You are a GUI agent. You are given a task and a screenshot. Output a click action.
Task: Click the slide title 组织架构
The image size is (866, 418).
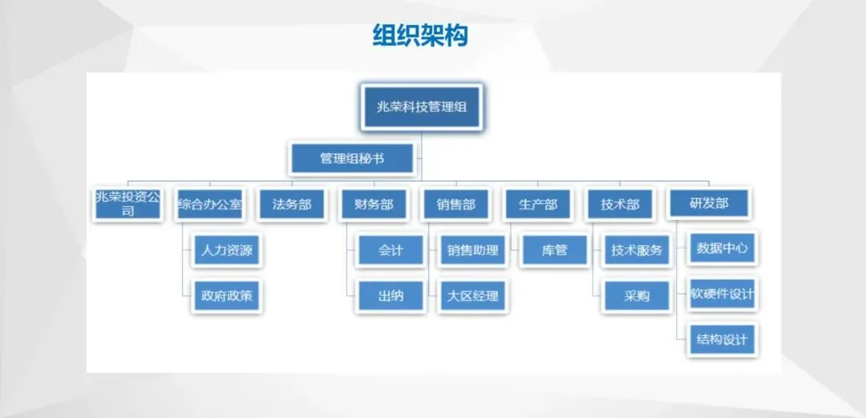tap(419, 35)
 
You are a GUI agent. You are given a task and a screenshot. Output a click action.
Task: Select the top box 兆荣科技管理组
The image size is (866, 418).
tap(421, 107)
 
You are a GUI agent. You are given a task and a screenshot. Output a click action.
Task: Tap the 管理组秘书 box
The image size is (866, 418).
tap(352, 159)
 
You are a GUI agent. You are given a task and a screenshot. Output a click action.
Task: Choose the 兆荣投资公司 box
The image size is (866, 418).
tap(127, 205)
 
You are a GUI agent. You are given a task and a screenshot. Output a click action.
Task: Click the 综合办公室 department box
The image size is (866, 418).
tap(210, 205)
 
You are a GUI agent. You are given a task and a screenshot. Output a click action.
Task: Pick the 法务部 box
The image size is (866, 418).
tap(292, 205)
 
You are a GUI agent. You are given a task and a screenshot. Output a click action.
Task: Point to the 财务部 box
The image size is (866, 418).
tap(374, 205)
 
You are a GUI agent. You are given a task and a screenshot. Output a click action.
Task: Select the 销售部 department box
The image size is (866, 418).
tap(456, 205)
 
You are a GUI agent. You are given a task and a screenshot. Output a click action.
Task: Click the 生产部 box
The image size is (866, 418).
tap(538, 205)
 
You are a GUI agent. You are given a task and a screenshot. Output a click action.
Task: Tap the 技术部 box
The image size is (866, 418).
tap(620, 205)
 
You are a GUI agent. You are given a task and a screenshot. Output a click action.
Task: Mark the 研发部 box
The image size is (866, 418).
tap(709, 204)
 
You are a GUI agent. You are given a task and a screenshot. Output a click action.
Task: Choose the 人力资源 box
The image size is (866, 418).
tap(228, 250)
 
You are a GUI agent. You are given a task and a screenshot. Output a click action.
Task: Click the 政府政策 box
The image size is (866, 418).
tap(228, 296)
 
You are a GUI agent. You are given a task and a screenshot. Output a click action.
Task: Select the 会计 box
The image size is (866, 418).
tap(391, 250)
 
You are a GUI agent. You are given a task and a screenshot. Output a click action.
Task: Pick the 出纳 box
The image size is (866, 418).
tap(391, 296)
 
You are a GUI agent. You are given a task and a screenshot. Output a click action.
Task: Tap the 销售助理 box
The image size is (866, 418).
tap(473, 250)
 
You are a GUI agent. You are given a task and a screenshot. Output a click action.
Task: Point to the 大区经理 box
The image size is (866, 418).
tap(473, 296)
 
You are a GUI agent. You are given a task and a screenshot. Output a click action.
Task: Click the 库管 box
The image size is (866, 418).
tap(554, 250)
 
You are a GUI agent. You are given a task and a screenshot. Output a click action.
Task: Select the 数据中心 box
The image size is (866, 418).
tap(722, 249)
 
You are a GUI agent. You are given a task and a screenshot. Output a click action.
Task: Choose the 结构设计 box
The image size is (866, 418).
tap(722, 339)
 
